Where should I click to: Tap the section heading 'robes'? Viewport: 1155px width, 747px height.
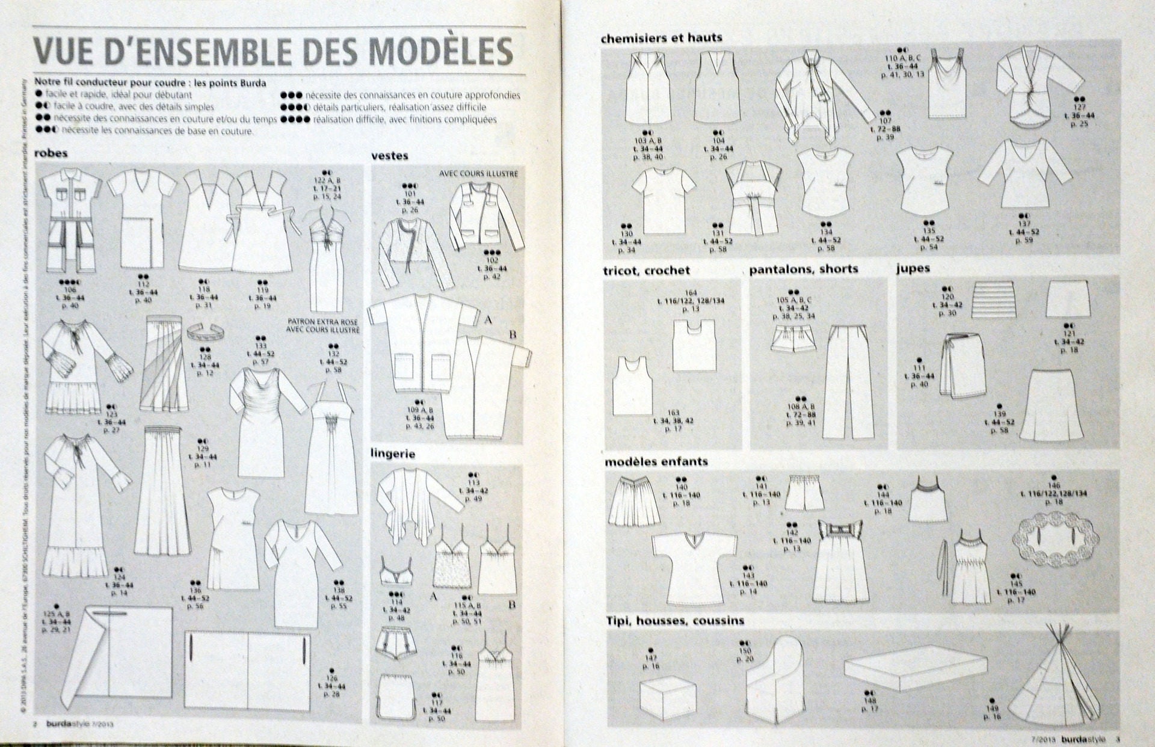tap(51, 153)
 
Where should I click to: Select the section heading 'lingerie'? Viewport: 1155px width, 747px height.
tap(393, 454)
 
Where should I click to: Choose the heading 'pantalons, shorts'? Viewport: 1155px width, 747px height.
tap(804, 269)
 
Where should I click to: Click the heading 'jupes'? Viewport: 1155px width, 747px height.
tap(913, 269)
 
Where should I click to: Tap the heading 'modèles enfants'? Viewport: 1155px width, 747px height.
tap(656, 462)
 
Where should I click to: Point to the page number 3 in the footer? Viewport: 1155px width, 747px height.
tap(1118, 740)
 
